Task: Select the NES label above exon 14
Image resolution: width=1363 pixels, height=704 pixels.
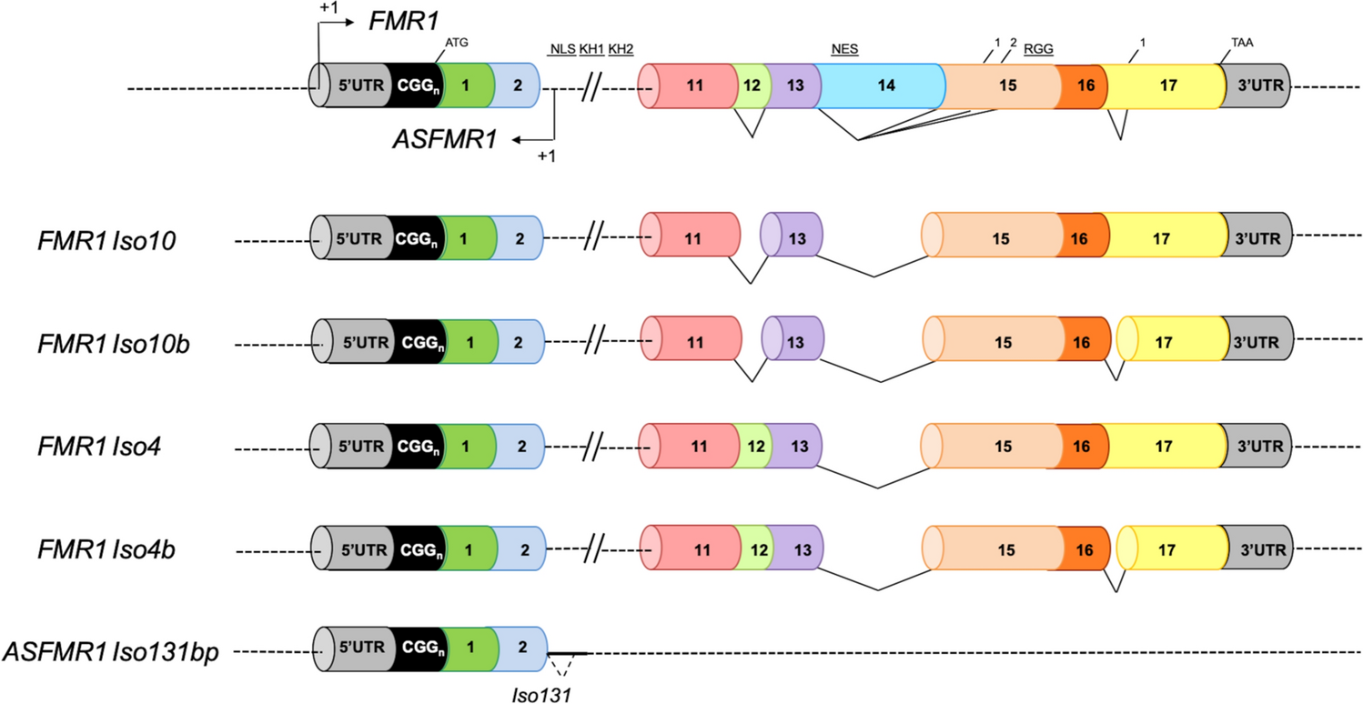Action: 845,48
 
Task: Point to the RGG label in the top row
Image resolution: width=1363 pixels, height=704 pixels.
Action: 1038,48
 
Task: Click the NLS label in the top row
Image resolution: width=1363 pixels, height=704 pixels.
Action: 561,48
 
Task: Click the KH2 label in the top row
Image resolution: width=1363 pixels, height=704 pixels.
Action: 621,48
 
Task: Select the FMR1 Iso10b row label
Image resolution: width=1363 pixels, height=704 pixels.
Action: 119,345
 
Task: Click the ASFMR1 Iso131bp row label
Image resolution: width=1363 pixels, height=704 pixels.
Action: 112,652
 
